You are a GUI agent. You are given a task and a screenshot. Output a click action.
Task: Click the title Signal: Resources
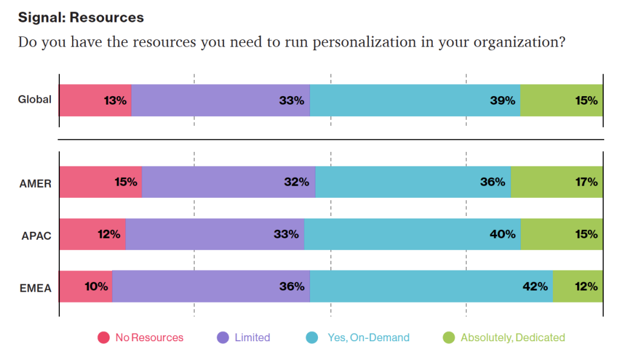[81, 17]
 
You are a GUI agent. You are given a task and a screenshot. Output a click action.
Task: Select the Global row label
[35, 100]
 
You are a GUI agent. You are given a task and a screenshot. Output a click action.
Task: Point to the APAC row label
[35, 235]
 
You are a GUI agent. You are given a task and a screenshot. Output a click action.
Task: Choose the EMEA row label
[35, 288]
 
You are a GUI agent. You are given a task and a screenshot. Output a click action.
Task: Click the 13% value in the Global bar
[115, 100]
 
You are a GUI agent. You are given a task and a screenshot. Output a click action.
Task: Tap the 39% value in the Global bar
[503, 100]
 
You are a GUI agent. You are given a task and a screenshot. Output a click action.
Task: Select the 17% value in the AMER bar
[586, 182]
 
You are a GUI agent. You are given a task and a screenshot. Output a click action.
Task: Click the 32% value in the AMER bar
[297, 182]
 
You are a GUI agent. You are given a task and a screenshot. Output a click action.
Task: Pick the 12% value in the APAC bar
[109, 234]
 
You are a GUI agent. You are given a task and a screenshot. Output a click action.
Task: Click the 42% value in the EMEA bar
[535, 286]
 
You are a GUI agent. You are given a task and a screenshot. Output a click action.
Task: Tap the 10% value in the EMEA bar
[96, 286]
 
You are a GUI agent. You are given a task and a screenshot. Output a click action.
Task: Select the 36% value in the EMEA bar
[292, 286]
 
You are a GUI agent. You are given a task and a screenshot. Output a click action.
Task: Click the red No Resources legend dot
[104, 338]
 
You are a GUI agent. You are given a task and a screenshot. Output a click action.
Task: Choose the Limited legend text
[252, 338]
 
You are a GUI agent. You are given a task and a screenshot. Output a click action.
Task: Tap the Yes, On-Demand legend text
[368, 338]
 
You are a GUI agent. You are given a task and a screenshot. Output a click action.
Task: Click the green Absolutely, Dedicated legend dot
[449, 338]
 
